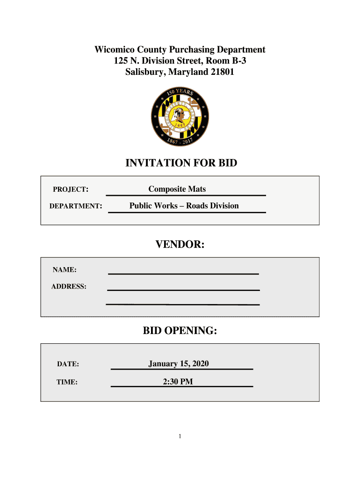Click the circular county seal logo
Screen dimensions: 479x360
point(180,117)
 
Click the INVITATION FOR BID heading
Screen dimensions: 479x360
point(181,163)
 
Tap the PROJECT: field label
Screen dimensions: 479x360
point(71,189)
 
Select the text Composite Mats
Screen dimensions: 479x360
point(177,189)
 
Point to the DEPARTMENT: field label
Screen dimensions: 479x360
point(76,206)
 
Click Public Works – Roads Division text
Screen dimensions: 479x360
point(184,206)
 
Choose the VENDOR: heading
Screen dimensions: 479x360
point(180,245)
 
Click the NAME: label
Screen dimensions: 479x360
point(65,270)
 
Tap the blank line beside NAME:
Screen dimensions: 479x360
point(183,273)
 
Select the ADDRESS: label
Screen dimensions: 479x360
point(69,286)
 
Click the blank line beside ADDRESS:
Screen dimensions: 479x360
point(183,290)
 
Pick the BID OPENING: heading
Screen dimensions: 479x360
point(180,331)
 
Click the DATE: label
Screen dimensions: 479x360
point(68,364)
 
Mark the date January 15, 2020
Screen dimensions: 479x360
point(178,363)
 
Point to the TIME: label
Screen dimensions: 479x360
point(67,382)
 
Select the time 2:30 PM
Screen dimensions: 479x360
point(178,382)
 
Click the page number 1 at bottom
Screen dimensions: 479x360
point(180,437)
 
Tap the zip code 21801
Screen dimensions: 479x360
point(222,73)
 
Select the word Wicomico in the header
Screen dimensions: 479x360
point(115,50)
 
